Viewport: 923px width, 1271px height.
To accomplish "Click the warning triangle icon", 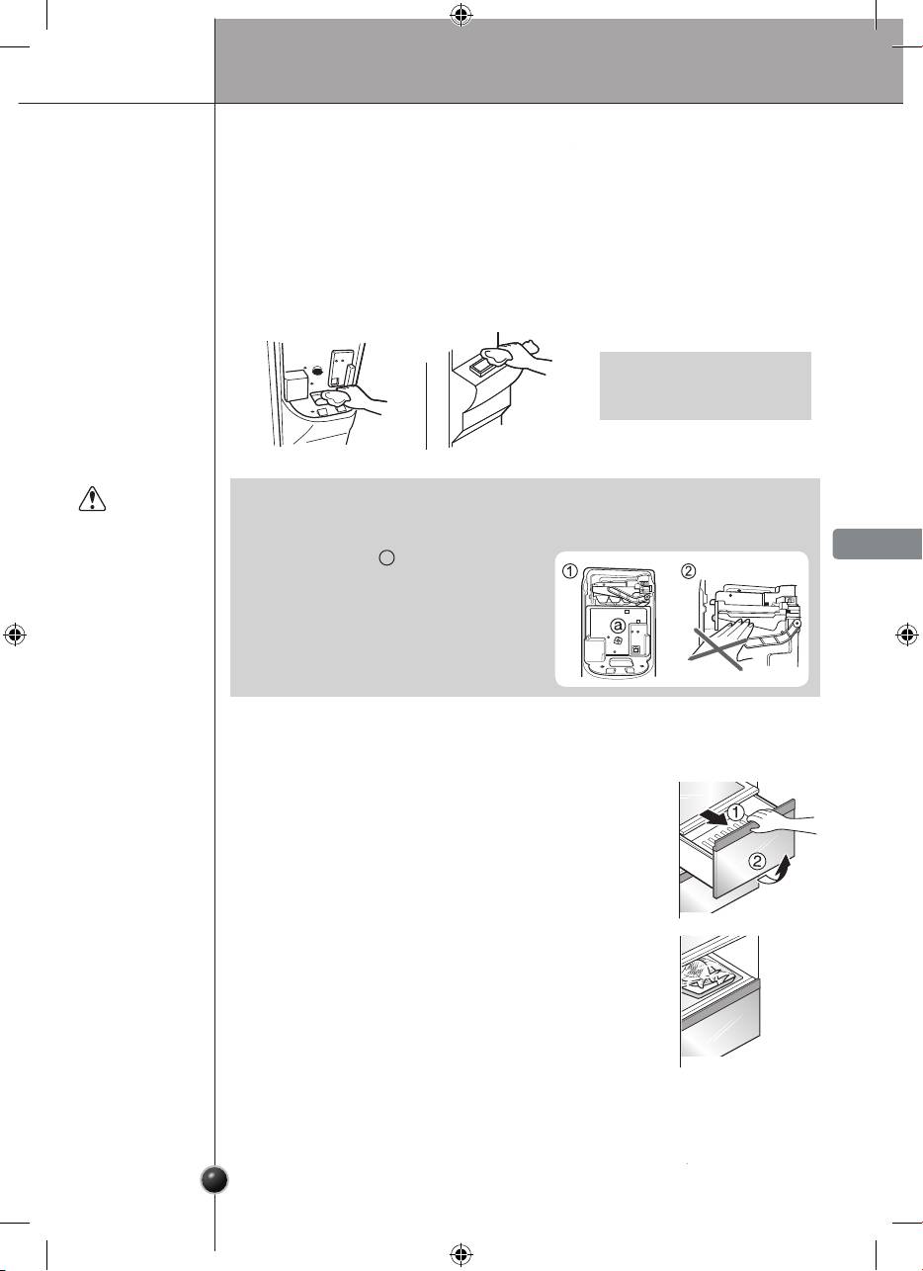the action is point(92,499).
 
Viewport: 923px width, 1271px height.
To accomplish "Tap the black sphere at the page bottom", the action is point(215,1180).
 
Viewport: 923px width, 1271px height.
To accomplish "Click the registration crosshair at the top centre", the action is point(461,16).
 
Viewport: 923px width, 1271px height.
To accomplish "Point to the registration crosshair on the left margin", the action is point(15,635).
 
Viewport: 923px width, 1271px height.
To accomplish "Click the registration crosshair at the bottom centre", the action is point(461,1253).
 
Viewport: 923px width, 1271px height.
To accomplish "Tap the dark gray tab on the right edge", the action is point(878,544).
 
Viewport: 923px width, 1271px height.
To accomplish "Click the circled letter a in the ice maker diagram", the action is point(619,627).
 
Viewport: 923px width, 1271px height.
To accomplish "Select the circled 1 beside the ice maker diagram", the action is point(570,571).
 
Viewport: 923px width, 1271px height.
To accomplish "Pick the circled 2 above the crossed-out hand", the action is point(688,571).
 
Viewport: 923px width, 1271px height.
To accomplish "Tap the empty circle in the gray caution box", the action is point(387,557).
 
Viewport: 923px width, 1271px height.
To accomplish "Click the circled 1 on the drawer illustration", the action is point(735,813).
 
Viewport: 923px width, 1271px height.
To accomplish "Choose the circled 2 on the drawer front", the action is point(758,861).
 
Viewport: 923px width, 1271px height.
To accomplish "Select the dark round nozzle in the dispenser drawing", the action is point(316,370).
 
